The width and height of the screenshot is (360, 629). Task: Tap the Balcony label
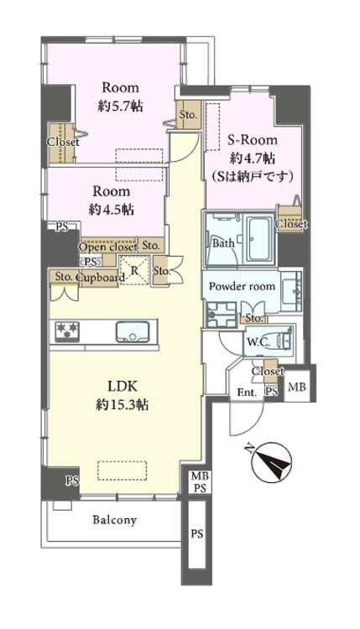114,520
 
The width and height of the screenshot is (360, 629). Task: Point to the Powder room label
242,286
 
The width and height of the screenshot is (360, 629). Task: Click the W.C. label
258,341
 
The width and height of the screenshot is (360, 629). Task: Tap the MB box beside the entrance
297,387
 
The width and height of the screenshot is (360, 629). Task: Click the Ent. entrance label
247,392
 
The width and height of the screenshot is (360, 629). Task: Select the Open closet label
108,246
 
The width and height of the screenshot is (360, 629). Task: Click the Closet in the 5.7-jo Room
62,143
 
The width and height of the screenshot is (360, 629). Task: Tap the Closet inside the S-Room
290,224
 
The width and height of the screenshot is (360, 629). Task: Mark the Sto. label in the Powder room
253,319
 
